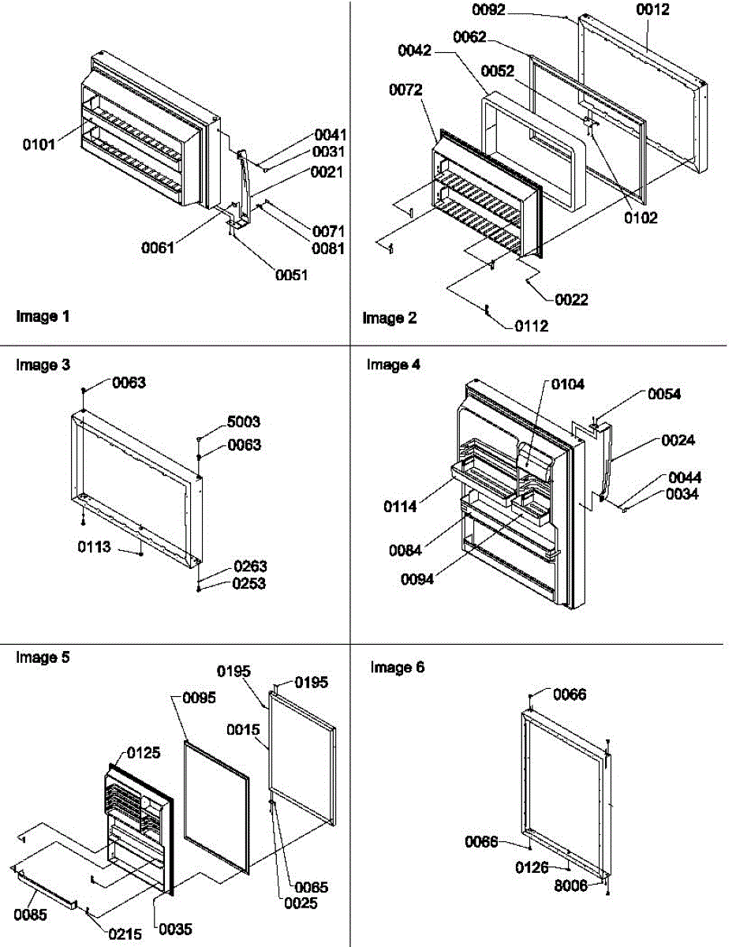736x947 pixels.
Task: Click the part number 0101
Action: [39, 144]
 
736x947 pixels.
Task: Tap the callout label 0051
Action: [291, 275]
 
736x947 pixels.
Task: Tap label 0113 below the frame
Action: [94, 546]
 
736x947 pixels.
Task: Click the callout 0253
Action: [250, 584]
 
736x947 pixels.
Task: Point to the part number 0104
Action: [567, 385]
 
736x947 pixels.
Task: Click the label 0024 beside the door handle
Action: [678, 440]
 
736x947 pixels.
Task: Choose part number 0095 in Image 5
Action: [199, 698]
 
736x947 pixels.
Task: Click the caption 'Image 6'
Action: [398, 668]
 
